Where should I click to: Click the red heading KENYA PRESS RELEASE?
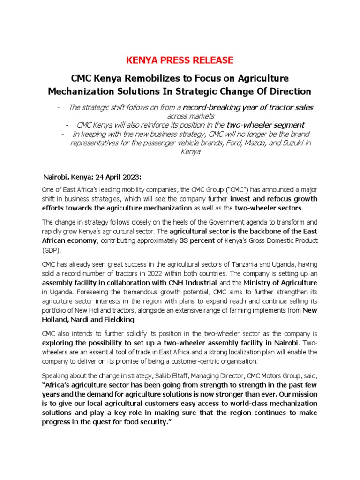(180, 60)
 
